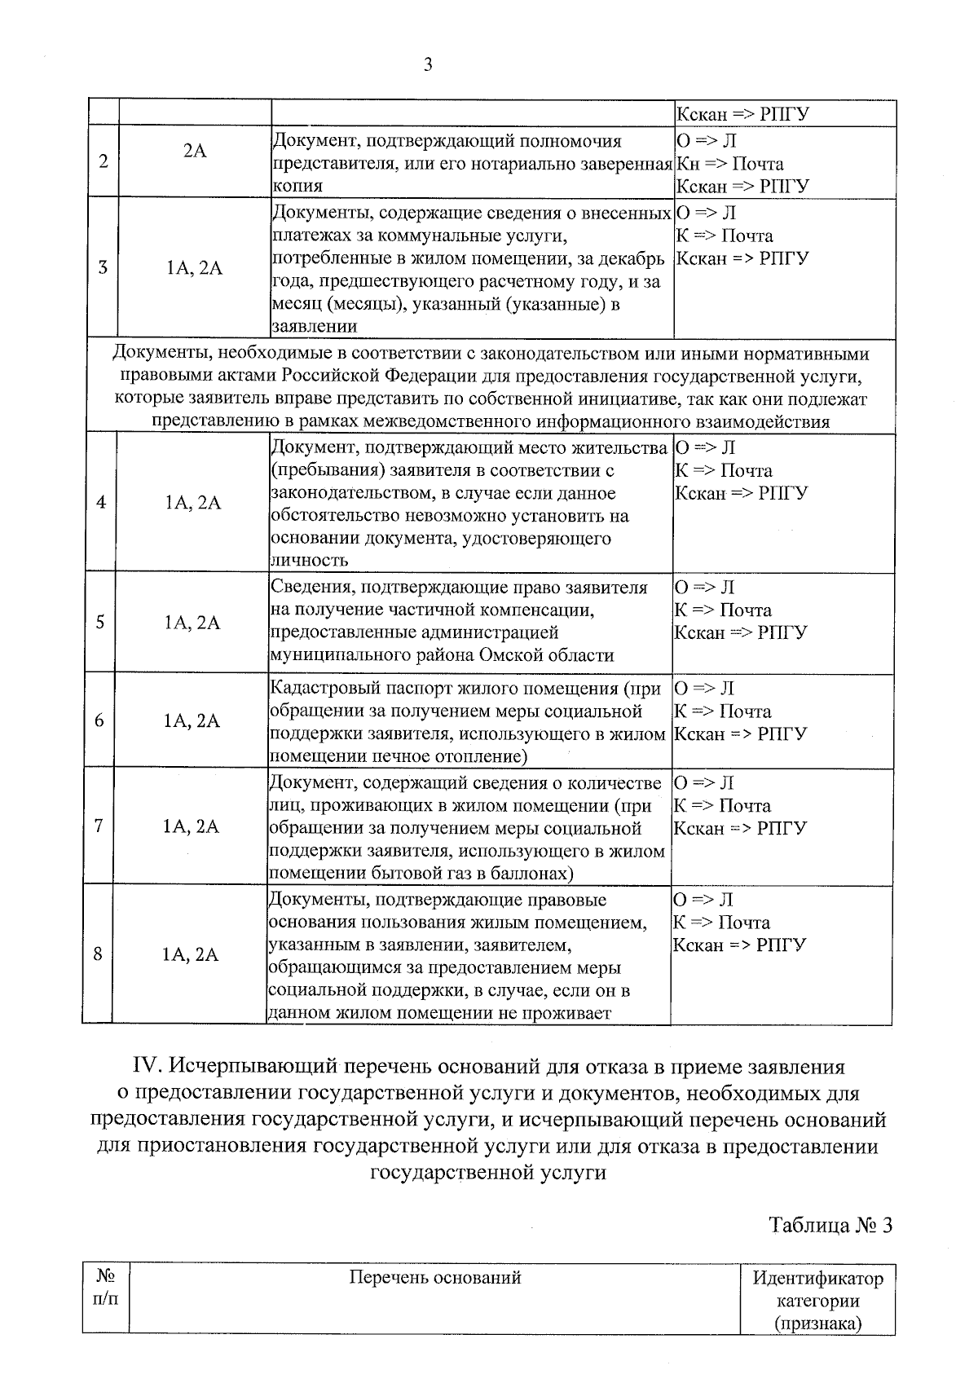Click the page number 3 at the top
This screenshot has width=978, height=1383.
point(428,65)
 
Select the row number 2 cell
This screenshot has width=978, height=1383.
point(104,161)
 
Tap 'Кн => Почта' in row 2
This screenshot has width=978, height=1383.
point(730,164)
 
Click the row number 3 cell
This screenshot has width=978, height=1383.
point(103,267)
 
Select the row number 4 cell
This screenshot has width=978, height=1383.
point(101,502)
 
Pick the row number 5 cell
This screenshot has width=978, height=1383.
point(100,622)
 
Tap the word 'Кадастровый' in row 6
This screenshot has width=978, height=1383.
point(322,689)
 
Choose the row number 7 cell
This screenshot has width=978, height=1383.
point(99,826)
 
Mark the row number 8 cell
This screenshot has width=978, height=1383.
point(98,954)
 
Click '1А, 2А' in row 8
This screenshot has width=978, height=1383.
point(191,954)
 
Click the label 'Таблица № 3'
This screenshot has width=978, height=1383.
point(830,1225)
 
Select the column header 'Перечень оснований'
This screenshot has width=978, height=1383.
point(435,1277)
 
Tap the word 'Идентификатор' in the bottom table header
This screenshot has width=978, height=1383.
point(818,1278)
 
